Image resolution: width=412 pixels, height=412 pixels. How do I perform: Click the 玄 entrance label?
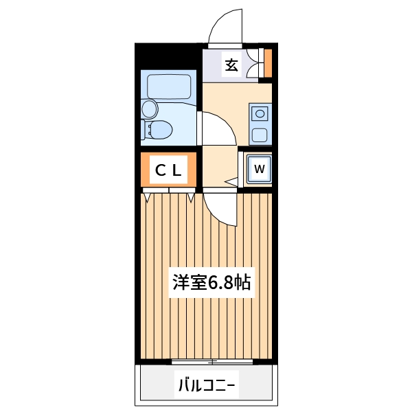coord(232,66)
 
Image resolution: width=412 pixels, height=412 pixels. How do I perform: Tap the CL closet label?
coord(168,171)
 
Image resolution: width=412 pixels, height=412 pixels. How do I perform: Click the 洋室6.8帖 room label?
coord(211,282)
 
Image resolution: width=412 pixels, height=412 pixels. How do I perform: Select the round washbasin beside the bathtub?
coord(149,108)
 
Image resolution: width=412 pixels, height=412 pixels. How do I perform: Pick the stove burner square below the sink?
coord(260,134)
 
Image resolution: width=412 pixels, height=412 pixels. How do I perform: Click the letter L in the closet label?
coord(177,171)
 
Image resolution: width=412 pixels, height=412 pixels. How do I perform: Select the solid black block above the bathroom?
coord(168,55)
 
